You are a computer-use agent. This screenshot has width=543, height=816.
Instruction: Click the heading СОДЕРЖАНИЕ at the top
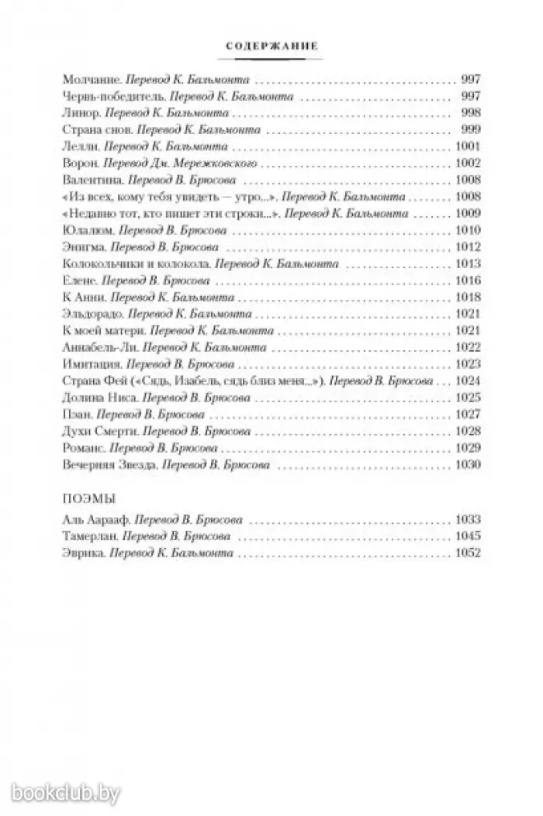(x=271, y=46)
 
